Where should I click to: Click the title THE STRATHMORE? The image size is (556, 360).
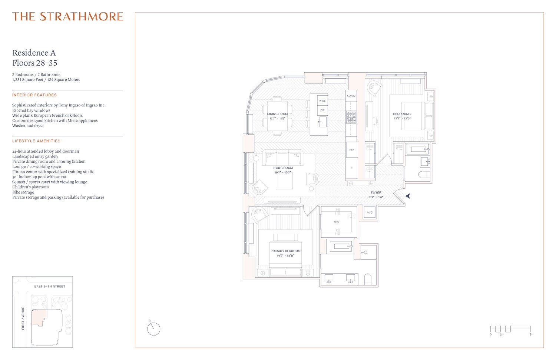click(x=67, y=17)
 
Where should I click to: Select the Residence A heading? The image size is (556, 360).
click(x=34, y=53)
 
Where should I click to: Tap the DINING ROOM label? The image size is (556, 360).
click(x=277, y=114)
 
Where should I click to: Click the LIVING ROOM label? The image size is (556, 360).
click(x=282, y=168)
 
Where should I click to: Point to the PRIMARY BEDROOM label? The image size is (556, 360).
click(x=285, y=251)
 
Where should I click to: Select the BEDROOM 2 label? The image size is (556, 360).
click(x=402, y=114)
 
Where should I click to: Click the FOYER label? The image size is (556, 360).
click(x=376, y=192)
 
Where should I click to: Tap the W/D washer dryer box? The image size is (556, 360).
click(x=370, y=213)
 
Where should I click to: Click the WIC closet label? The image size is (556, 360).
click(x=337, y=222)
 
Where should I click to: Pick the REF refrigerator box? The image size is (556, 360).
click(x=352, y=150)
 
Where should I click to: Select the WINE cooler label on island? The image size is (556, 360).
click(x=322, y=101)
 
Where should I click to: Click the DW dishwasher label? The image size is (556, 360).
click(x=322, y=110)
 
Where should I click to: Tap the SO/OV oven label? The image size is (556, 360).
click(x=351, y=96)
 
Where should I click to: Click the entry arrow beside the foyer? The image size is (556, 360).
click(x=408, y=196)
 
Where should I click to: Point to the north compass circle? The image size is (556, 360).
click(x=153, y=329)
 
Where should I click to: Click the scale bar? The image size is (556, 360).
click(x=510, y=329)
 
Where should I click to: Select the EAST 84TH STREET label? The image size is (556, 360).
click(x=50, y=287)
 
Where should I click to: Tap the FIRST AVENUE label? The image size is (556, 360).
click(x=23, y=318)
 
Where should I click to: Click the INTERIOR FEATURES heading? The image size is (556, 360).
click(x=34, y=95)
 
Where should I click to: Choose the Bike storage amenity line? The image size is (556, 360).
click(x=23, y=192)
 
